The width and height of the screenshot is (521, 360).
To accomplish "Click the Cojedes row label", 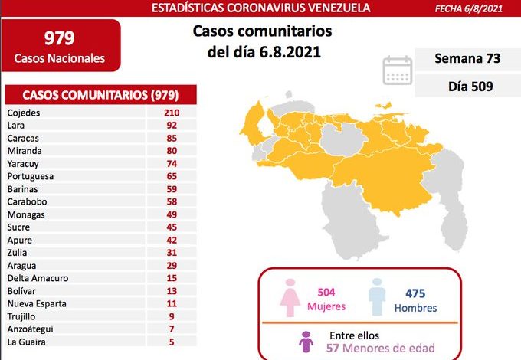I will pyautogui.click(x=23, y=112).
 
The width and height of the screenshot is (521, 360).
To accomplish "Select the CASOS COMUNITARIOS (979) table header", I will pyautogui.click(x=100, y=95).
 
